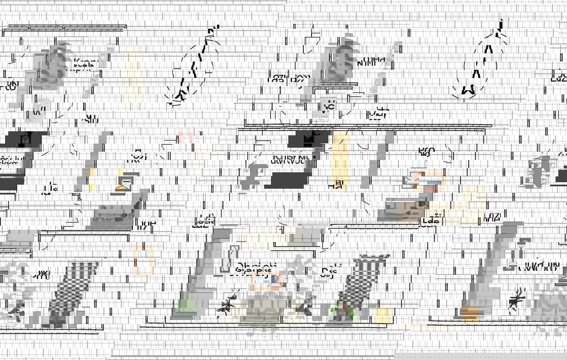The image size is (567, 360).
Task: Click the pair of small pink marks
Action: [x=186, y=137]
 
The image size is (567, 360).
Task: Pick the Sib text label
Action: [x=91, y=119]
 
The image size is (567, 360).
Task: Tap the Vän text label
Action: [x=379, y=113]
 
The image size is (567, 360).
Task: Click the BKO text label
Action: [x=426, y=152]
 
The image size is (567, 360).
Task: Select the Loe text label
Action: [x=146, y=224]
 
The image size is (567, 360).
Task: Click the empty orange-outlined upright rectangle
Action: [x=144, y=260]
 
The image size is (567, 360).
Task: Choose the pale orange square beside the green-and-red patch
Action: [x=383, y=315]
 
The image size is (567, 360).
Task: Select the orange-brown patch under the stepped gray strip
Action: [x=469, y=313]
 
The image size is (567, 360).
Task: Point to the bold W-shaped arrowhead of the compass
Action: [x=468, y=90]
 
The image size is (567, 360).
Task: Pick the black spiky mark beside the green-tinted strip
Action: [x=226, y=303]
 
